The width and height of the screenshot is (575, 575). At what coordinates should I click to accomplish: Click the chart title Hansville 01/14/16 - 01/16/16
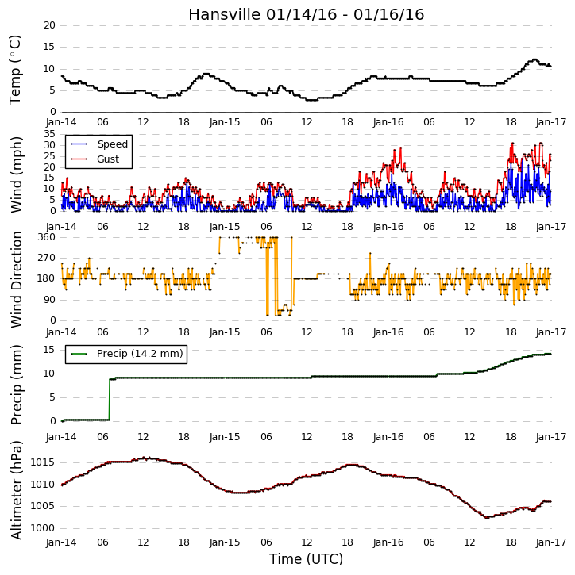(x=307, y=14)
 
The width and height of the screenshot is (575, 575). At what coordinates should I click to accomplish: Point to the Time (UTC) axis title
(x=307, y=559)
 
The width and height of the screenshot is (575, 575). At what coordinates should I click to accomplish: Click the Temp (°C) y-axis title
(x=15, y=70)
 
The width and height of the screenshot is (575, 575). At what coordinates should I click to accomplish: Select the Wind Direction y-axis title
(x=16, y=279)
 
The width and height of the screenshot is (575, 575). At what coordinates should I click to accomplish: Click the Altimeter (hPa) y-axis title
(x=16, y=490)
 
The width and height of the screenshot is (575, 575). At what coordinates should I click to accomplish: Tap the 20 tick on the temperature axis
(x=49, y=25)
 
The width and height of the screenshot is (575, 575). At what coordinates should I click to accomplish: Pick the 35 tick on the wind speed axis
(x=49, y=134)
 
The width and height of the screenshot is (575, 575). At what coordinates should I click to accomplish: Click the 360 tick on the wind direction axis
(x=47, y=237)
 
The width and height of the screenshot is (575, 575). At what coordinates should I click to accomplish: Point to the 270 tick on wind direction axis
(x=47, y=258)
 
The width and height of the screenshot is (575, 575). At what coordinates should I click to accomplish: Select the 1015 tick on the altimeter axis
(x=43, y=462)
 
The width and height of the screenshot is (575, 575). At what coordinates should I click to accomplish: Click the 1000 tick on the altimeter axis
(x=43, y=528)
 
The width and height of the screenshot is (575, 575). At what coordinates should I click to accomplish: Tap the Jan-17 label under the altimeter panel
(x=551, y=542)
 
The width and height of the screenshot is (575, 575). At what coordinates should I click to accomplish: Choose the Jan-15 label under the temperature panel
(x=225, y=122)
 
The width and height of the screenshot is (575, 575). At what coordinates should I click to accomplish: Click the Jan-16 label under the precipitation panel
(x=388, y=437)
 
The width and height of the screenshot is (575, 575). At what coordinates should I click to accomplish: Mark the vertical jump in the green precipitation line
(x=110, y=400)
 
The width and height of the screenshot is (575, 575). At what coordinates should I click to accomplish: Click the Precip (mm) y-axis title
(x=16, y=385)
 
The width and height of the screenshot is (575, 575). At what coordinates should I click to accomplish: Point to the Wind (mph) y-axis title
(x=16, y=174)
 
